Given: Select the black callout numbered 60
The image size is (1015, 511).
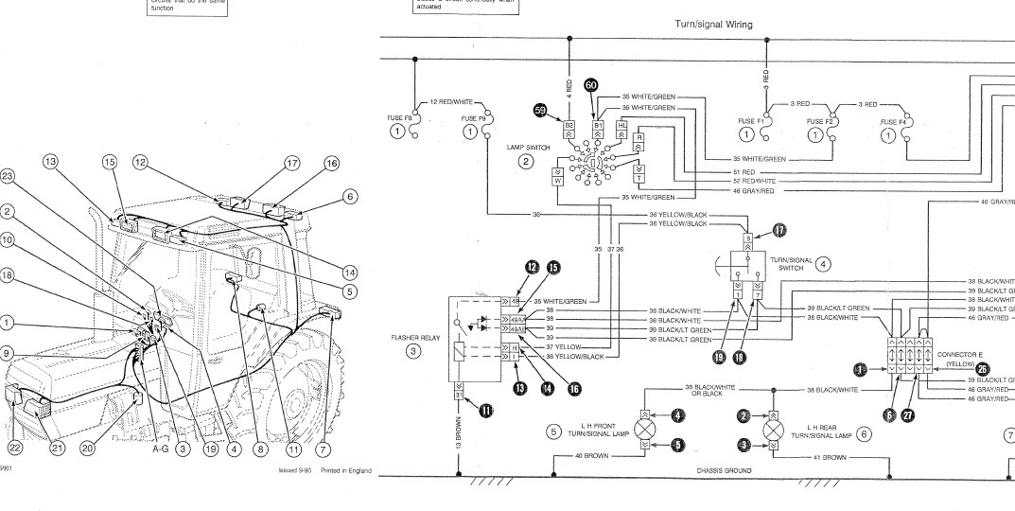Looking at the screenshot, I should point(591,85).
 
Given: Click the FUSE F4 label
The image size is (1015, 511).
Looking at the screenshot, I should point(893,122).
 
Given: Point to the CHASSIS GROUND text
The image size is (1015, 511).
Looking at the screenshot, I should point(726,468).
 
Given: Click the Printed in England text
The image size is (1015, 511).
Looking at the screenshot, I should point(346,470).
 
